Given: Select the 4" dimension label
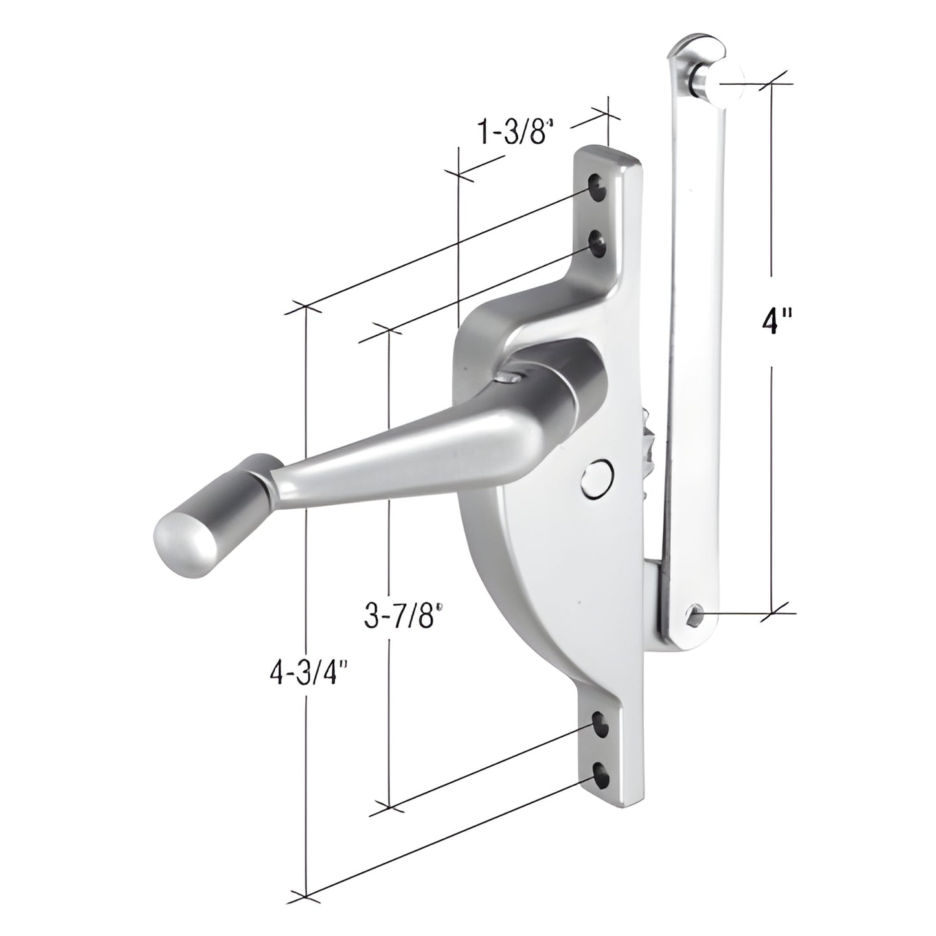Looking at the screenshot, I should coord(771,320).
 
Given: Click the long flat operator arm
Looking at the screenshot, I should coord(696,324).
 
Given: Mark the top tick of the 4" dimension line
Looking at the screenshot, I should coord(771,83).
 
